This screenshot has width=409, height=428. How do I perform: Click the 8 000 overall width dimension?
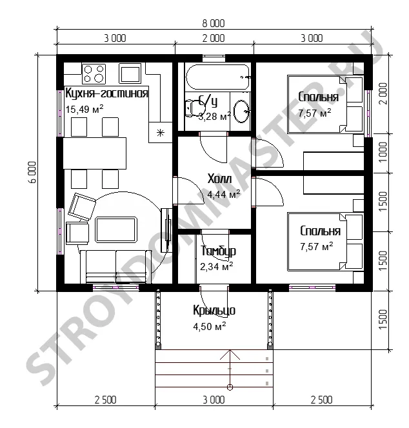[x=214, y=23]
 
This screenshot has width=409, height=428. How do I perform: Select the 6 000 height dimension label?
[x=32, y=172]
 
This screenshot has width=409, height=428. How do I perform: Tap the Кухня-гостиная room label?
[x=107, y=93]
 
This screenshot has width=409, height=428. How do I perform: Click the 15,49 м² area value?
[x=85, y=109]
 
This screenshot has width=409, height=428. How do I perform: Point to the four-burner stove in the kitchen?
[x=94, y=73]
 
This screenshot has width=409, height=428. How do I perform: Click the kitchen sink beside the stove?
[x=130, y=73]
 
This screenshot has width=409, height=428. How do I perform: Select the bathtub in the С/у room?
[x=218, y=77]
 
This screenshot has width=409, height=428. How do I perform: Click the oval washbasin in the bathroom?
[x=241, y=112]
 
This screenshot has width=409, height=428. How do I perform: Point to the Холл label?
[x=220, y=179]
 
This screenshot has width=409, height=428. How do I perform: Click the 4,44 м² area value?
[x=223, y=195]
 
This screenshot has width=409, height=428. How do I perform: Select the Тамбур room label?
[x=218, y=251]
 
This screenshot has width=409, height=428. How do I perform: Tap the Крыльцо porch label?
[x=214, y=310]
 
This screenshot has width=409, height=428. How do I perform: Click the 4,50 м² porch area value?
[x=209, y=326]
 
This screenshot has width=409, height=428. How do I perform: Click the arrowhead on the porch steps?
[x=230, y=355]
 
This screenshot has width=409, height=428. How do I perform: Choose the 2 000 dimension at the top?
[x=214, y=38]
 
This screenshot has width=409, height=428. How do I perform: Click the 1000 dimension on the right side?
[x=383, y=152]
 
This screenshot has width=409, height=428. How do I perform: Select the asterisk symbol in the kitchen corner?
[x=161, y=133]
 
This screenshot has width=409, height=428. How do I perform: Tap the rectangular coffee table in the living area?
[x=116, y=229]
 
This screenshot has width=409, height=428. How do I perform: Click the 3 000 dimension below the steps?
[x=214, y=400]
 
